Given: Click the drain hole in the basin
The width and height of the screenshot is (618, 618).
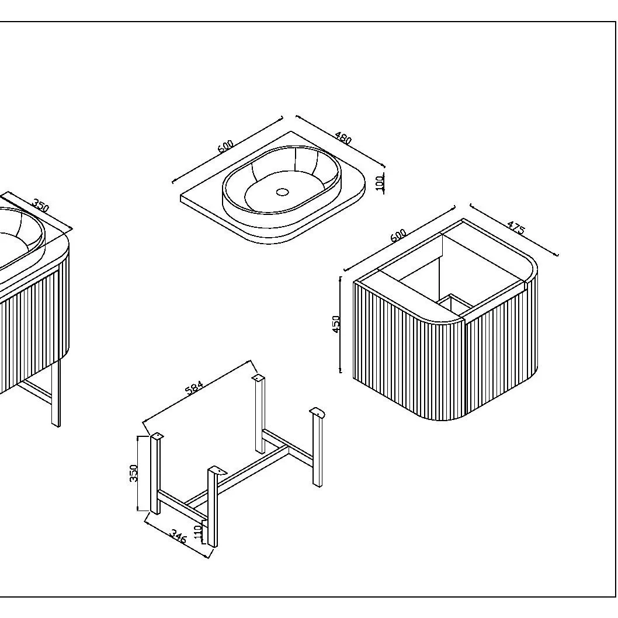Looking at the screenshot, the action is click(x=282, y=192).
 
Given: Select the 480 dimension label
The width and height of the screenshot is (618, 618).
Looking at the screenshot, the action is click(x=343, y=137).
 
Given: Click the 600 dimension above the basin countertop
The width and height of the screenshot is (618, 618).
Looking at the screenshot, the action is click(x=225, y=146).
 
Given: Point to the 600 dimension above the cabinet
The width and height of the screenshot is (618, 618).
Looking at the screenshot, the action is click(x=398, y=235).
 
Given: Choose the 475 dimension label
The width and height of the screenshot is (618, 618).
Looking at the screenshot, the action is click(x=516, y=228).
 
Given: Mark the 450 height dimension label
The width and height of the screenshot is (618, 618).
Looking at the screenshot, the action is click(x=336, y=324).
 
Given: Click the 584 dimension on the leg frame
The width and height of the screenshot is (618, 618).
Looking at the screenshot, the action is click(x=195, y=387).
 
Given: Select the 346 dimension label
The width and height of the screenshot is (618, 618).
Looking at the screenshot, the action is click(x=178, y=536).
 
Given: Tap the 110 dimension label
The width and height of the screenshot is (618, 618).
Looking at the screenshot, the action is click(x=198, y=532).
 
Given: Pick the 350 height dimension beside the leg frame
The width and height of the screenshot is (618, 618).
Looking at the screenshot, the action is click(x=134, y=473).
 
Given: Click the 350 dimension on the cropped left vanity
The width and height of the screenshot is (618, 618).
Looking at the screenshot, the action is click(x=40, y=205).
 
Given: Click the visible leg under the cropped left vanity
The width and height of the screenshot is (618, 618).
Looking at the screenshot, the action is click(x=56, y=392).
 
